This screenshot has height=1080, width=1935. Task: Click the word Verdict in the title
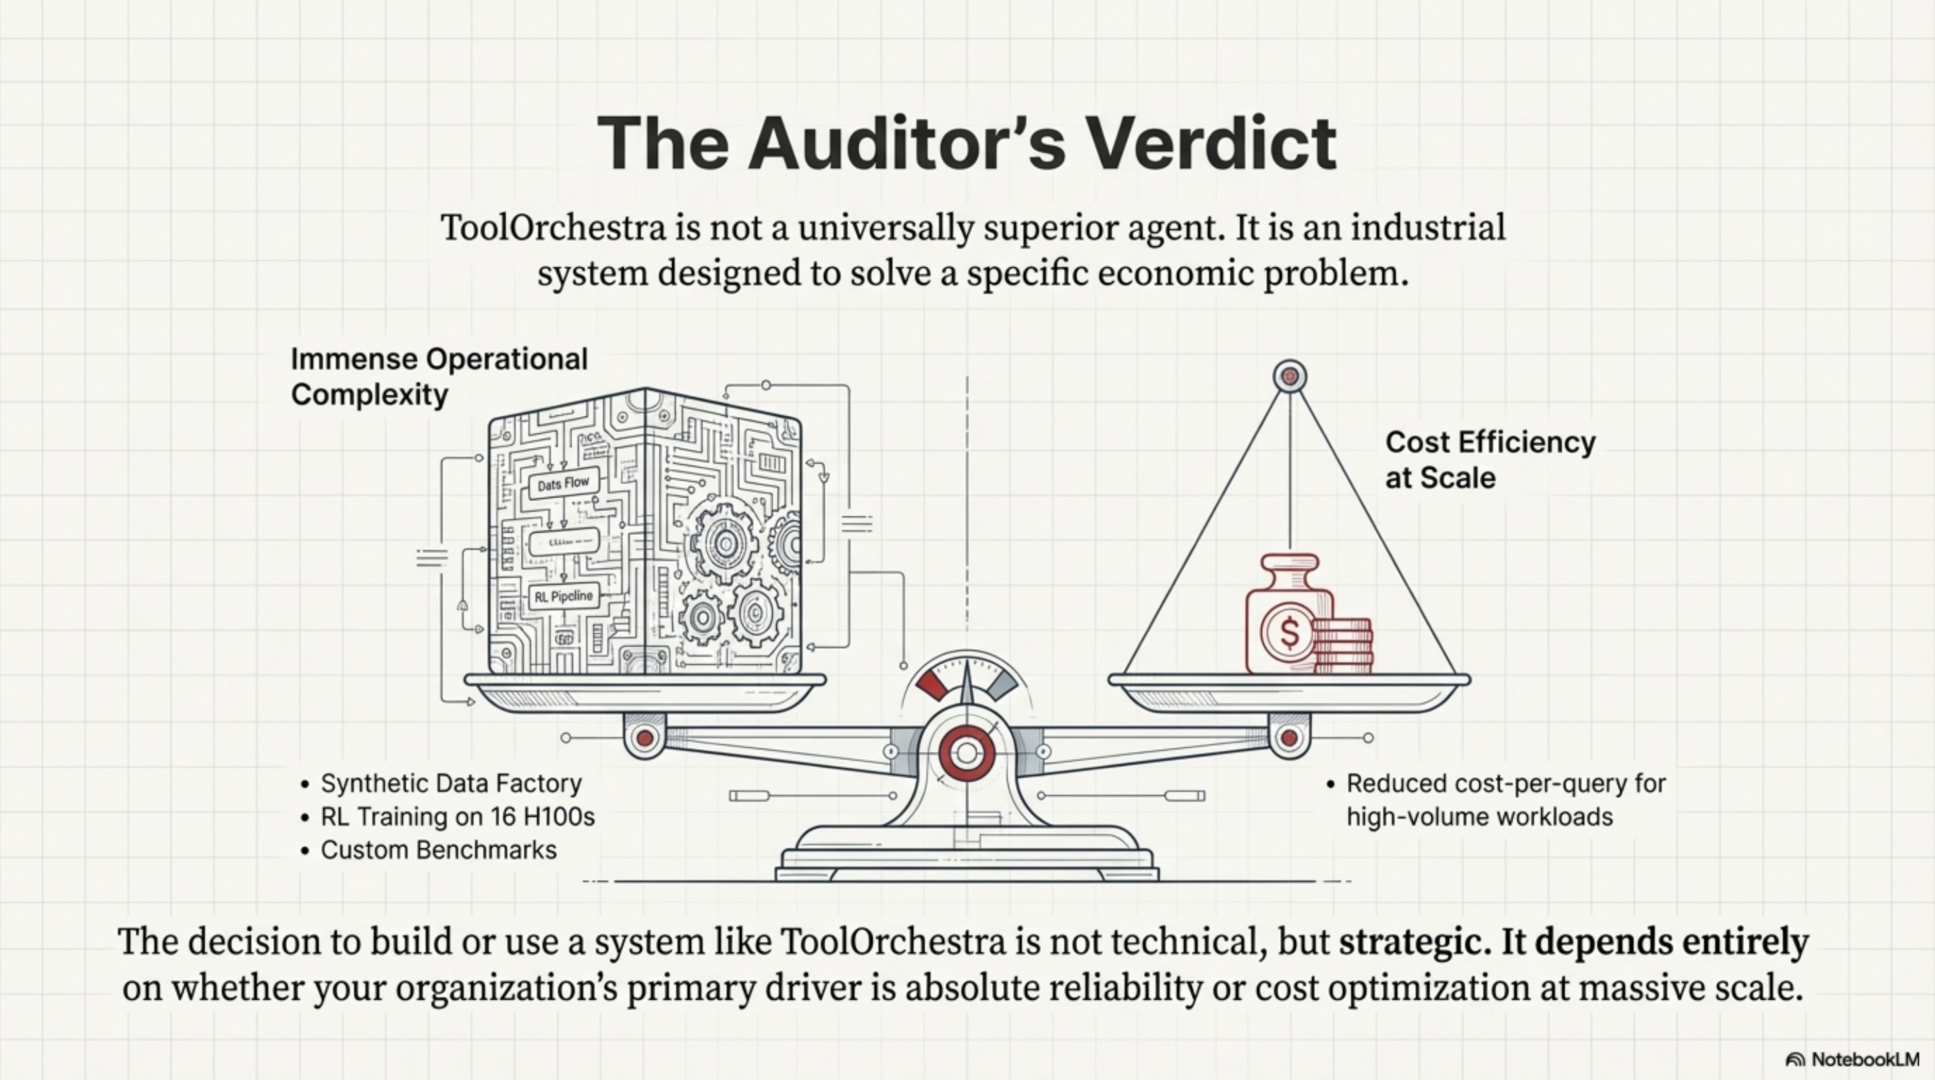[x=1211, y=144]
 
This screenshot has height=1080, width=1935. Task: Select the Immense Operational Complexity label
[x=439, y=376]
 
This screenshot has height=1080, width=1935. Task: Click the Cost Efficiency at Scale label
[x=1490, y=459]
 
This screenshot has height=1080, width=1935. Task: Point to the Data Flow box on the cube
[x=564, y=483]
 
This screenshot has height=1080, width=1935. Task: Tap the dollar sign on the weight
[x=1289, y=632]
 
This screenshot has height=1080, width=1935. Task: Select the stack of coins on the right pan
[x=1343, y=645]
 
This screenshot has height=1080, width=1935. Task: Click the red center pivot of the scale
[x=966, y=753]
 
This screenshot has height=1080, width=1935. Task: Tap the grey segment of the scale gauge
[x=1002, y=684]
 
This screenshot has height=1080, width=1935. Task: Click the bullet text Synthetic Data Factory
[x=451, y=784]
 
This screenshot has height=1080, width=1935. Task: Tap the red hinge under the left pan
[x=645, y=738]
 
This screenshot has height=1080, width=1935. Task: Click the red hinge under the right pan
[x=1289, y=738]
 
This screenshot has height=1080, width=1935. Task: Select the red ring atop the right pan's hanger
[x=1290, y=376]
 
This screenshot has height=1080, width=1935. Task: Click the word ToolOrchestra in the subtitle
[x=553, y=227]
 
